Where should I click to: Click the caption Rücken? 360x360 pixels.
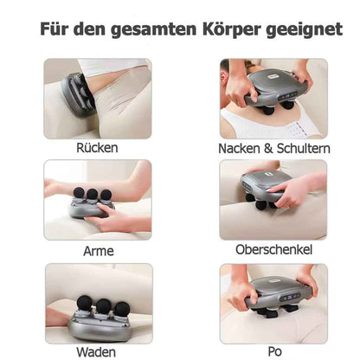coord(97,149)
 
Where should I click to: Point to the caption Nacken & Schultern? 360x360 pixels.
coord(274,149)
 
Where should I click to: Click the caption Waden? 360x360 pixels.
coord(97,351)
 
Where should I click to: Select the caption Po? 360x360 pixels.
coord(274,351)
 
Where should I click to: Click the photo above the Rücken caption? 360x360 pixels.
coord(98,98)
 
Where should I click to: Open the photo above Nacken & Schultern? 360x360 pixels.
coord(273,98)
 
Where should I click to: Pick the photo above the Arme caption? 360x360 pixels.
coord(98,200)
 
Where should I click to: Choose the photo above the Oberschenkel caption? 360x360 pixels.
coord(273,200)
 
